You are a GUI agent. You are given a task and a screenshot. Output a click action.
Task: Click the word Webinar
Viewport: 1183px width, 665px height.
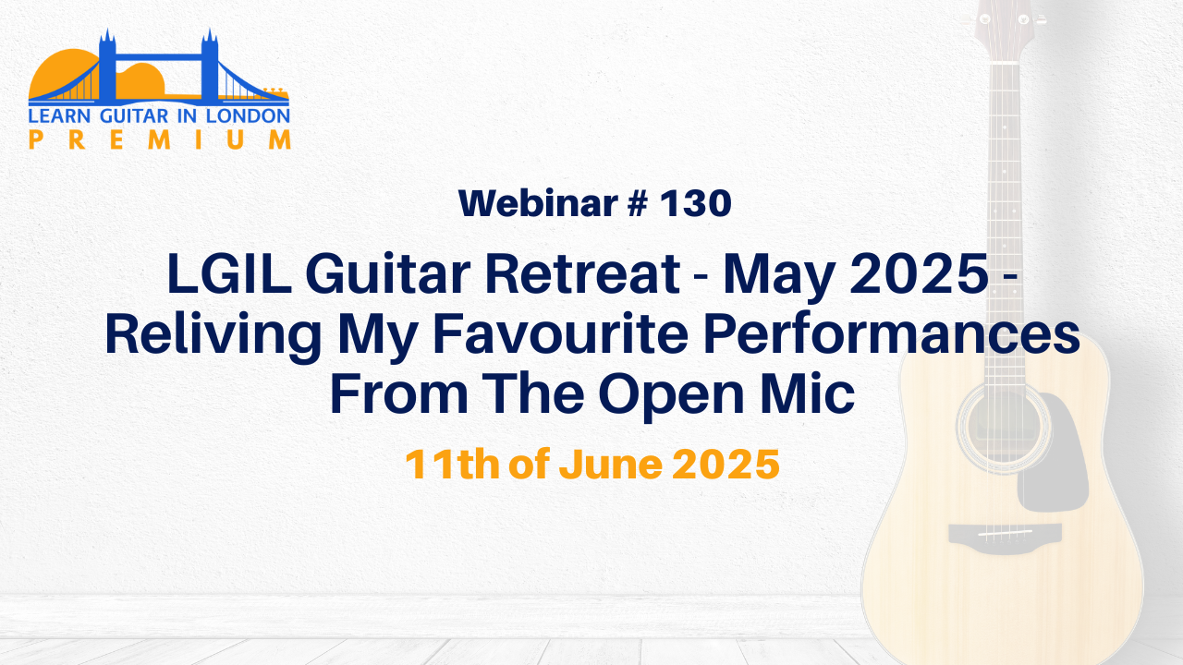[x=538, y=203]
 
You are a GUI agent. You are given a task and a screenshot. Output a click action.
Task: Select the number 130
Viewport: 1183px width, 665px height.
[x=696, y=204]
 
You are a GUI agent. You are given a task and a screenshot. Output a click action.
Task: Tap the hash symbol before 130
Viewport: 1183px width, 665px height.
[x=638, y=204]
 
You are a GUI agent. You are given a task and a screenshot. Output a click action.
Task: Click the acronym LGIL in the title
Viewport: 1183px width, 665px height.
[x=229, y=274]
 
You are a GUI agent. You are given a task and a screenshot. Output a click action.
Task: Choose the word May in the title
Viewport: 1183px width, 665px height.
[x=779, y=277]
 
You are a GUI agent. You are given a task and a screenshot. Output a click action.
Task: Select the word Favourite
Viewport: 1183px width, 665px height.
[x=560, y=334]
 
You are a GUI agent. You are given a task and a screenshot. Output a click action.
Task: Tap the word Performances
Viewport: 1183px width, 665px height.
[x=892, y=334]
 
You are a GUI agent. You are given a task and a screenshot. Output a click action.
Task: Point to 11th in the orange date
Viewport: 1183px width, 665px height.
[x=452, y=464]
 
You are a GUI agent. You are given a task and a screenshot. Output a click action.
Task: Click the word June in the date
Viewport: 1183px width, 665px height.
[x=611, y=464]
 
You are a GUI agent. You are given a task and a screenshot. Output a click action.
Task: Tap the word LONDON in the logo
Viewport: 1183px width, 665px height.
[x=248, y=116]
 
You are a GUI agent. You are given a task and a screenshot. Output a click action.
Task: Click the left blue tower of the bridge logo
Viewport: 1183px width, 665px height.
[x=107, y=66]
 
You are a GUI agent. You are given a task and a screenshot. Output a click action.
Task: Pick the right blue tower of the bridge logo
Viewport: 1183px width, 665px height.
[x=210, y=66]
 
